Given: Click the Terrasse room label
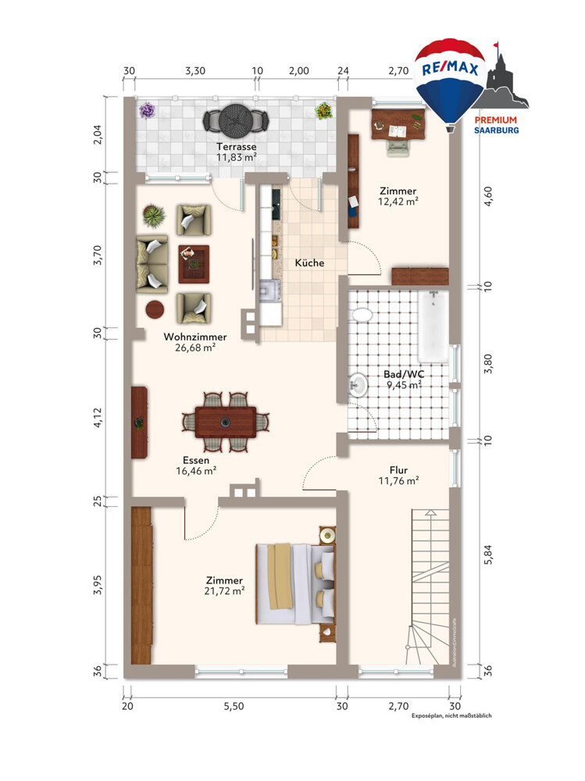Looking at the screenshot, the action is (x=236, y=147).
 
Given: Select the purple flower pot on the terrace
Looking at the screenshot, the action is (x=147, y=111).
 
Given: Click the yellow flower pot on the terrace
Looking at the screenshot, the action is (x=324, y=111).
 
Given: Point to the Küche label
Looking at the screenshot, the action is (x=309, y=262).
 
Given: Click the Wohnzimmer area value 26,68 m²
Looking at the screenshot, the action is (x=194, y=348).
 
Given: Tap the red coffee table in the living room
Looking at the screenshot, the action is (x=194, y=264).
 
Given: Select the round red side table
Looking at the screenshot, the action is (x=155, y=309).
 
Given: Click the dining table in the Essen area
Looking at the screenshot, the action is (x=226, y=423).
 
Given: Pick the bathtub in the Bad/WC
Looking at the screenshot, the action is (x=433, y=326).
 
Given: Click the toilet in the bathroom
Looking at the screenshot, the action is (x=362, y=315).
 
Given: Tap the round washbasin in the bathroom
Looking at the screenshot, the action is (x=358, y=384).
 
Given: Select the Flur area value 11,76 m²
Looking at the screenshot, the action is (x=398, y=480).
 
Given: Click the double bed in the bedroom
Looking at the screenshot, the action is (x=295, y=583).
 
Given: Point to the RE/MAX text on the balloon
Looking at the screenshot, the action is (x=450, y=68).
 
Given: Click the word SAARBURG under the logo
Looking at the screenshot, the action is (x=496, y=130).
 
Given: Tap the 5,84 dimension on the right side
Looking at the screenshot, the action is (x=488, y=554).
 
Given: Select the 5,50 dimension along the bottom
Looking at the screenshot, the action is (x=234, y=706).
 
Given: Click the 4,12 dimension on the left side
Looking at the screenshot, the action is (x=98, y=417).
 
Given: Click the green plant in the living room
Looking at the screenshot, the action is (x=154, y=216).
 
